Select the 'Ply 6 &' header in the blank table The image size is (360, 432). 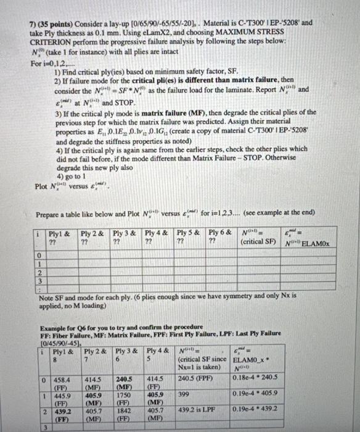(220, 233)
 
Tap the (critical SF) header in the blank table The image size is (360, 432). (258, 242)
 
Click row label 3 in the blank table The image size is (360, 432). (38, 280)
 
